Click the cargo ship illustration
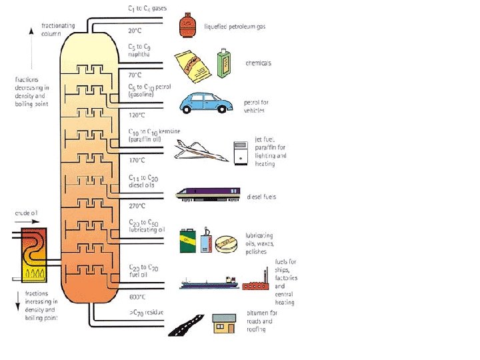coord(209,283)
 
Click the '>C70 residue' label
coord(146,312)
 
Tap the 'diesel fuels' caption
coord(261,197)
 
